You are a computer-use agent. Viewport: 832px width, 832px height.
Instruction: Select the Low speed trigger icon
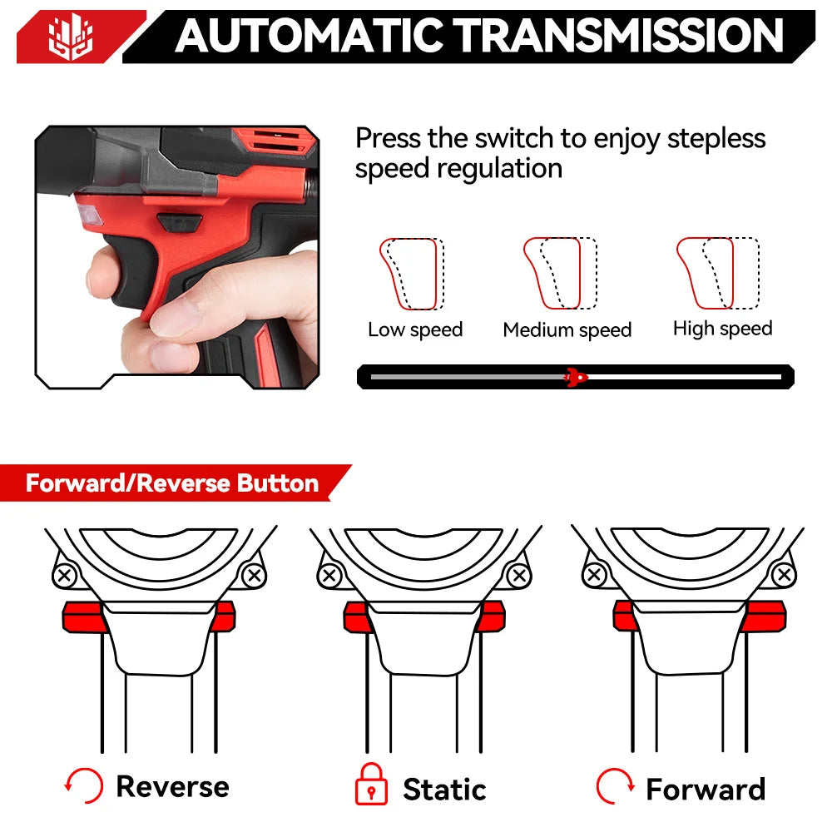coord(412,274)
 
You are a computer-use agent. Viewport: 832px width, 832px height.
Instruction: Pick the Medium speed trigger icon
coord(554,273)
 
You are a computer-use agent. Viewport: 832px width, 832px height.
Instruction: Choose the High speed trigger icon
coord(716,273)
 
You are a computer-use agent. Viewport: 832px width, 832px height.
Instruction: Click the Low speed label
coord(415,329)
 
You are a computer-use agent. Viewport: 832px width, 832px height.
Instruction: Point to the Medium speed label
coord(567,330)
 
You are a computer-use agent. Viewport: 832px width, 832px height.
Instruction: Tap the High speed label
coord(722,329)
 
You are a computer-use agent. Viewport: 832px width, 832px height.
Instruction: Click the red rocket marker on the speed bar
coord(574,377)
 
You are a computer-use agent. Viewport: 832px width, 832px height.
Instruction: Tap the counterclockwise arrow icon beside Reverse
coord(84,785)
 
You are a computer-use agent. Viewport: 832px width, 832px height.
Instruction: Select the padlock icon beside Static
coord(371,785)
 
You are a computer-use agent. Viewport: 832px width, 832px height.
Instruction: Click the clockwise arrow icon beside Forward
coord(615,785)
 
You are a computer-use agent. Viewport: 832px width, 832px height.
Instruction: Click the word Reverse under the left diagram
coord(172,786)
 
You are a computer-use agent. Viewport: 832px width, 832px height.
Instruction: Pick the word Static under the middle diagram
coord(444,789)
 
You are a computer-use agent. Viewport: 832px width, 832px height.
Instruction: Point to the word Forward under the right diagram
coord(706,789)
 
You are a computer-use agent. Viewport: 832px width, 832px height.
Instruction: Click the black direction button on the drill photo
coord(180,222)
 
